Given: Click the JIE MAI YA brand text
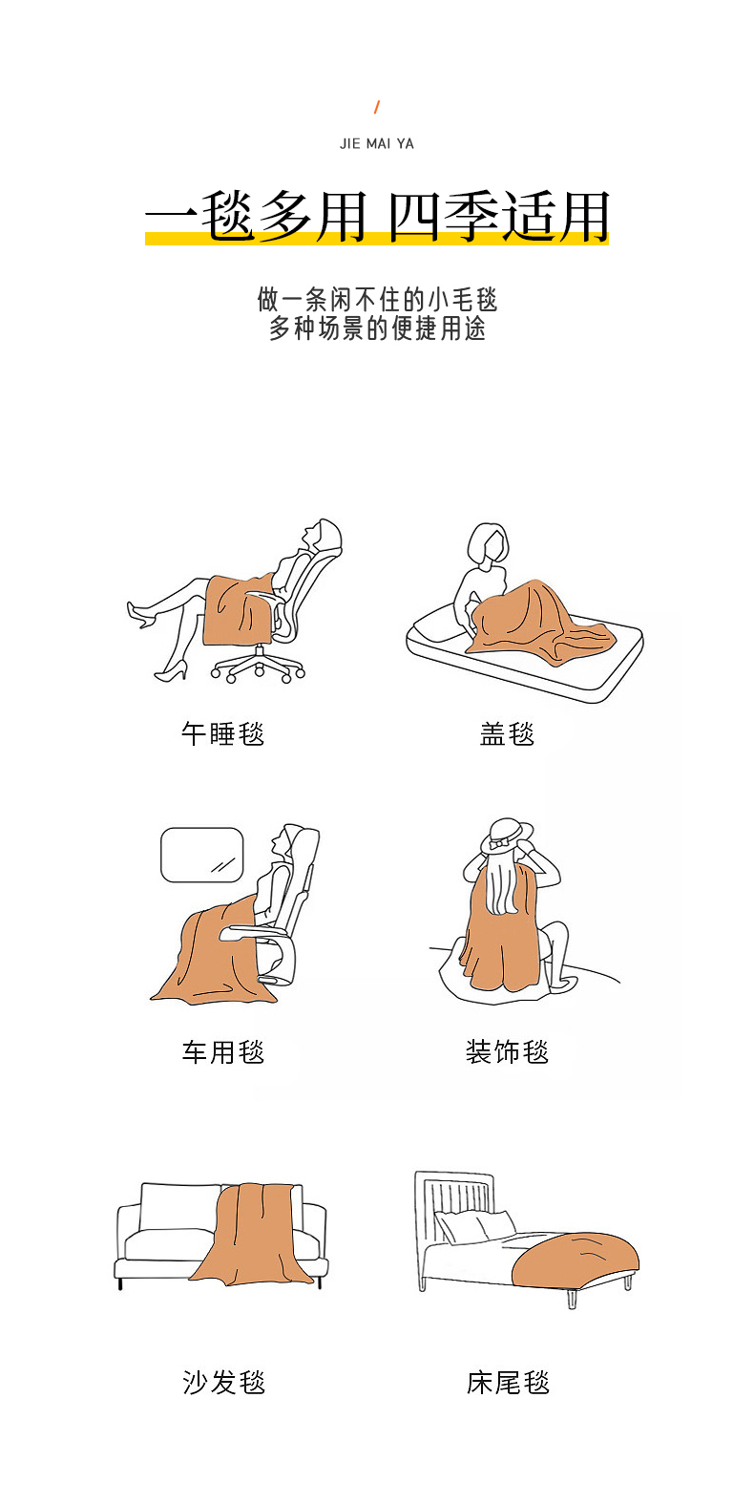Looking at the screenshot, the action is click(376, 143).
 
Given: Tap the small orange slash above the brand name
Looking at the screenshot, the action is click(376, 107).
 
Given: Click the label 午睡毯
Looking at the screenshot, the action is click(222, 733).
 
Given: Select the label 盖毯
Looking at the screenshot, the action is click(507, 733).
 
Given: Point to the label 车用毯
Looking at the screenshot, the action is click(222, 1051).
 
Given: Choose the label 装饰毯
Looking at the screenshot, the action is click(507, 1051).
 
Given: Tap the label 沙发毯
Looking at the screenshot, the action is click(223, 1383).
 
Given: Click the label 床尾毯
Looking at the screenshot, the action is click(508, 1383).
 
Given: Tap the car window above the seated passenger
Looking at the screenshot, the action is click(202, 855).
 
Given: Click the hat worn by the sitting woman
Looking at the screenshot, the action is click(507, 837).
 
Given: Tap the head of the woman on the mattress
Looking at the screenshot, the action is click(488, 545).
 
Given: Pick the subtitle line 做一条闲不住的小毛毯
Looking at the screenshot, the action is click(377, 300).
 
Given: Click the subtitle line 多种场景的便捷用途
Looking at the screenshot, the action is click(377, 328).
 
